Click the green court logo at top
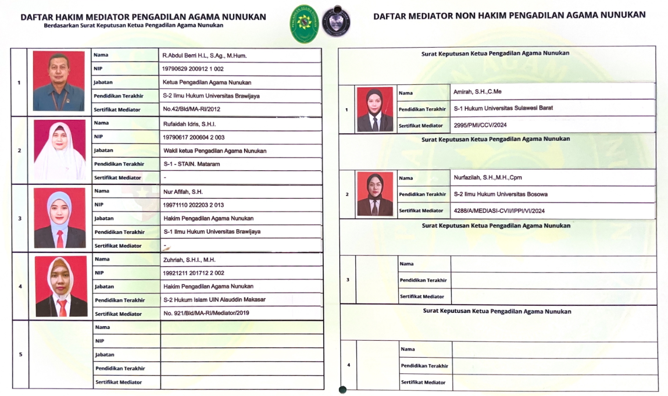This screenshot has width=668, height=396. (x=304, y=24)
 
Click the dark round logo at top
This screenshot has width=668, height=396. (x=336, y=21)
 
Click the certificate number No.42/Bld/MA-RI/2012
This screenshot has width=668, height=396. (x=191, y=109)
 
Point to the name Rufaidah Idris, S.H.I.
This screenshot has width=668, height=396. (x=190, y=123)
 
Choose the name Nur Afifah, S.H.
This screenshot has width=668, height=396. (x=183, y=191)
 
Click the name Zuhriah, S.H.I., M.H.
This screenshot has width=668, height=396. (x=189, y=259)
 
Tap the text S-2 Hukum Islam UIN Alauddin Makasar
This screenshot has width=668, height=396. (x=215, y=300)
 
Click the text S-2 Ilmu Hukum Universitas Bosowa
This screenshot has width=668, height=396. (x=501, y=194)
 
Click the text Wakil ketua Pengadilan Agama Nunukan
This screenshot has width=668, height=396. (x=215, y=151)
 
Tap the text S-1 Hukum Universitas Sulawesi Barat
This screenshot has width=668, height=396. (x=503, y=108)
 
